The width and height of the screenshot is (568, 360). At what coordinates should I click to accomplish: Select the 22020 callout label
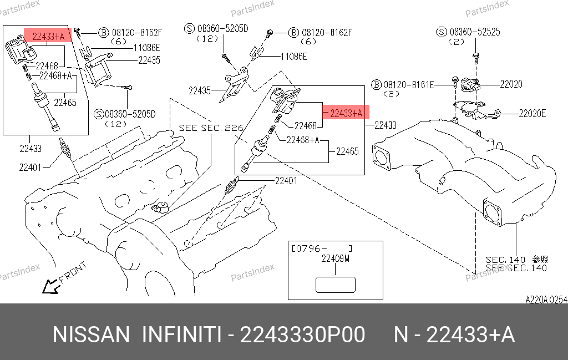510,84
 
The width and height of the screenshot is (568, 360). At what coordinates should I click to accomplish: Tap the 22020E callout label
532,114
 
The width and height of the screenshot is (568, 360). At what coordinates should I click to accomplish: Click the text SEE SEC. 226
211,128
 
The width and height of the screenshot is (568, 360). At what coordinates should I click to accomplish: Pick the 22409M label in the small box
336,258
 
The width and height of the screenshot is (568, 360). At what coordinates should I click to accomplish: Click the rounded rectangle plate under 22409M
335,284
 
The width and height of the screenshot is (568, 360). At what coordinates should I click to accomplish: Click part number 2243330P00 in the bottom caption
302,335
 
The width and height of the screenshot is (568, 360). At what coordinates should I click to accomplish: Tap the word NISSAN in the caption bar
91,335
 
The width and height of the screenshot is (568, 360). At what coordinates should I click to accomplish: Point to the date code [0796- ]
322,248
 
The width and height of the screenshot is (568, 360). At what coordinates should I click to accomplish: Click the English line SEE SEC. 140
516,268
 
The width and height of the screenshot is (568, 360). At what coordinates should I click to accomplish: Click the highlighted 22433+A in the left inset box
48,37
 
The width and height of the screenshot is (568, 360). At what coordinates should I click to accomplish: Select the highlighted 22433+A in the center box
346,113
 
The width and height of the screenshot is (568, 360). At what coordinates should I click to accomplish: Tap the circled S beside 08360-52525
442,32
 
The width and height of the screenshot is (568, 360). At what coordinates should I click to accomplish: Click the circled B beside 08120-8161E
377,85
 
